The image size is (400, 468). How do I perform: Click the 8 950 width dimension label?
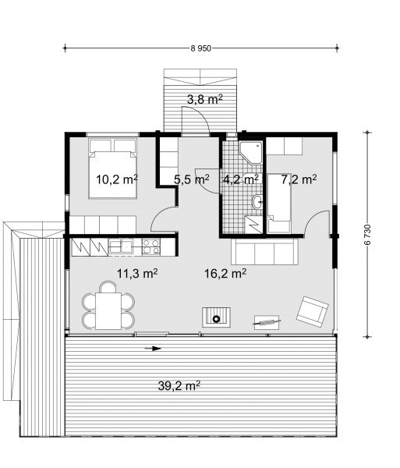[200, 48]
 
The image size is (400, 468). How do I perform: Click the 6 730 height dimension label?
[367, 235]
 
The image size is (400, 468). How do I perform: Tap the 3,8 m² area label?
[205, 99]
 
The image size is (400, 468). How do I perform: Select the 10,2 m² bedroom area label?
[117, 179]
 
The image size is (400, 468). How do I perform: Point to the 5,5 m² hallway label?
[192, 179]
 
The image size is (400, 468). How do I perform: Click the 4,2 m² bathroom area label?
[241, 179]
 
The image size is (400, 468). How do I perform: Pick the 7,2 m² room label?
[299, 179]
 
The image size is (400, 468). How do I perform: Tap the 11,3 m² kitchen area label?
[137, 273]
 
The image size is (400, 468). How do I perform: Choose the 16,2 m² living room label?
[225, 273]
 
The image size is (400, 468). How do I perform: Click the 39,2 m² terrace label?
[179, 386]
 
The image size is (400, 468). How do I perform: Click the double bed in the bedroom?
[113, 168]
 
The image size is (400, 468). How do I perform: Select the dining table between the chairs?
[108, 311]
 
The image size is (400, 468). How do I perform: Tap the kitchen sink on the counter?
[121, 246]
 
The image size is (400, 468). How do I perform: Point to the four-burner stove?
[151, 246]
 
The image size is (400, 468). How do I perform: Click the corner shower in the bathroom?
[251, 152]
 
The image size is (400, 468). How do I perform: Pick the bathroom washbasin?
[257, 202]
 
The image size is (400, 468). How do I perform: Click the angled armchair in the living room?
[313, 311]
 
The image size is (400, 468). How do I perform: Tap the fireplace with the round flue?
[216, 317]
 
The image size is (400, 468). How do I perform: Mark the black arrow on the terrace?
[153, 349]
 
